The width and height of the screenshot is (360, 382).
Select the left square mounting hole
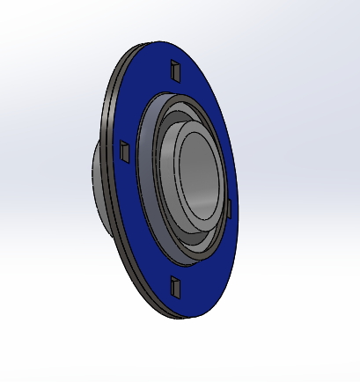[125, 151]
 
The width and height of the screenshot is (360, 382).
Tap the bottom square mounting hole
[174, 283]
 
